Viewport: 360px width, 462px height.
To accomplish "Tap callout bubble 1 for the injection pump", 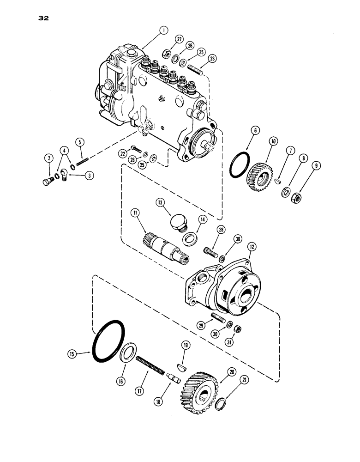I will coord(162,31).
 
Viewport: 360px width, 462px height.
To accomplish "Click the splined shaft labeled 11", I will coord(161,243).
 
